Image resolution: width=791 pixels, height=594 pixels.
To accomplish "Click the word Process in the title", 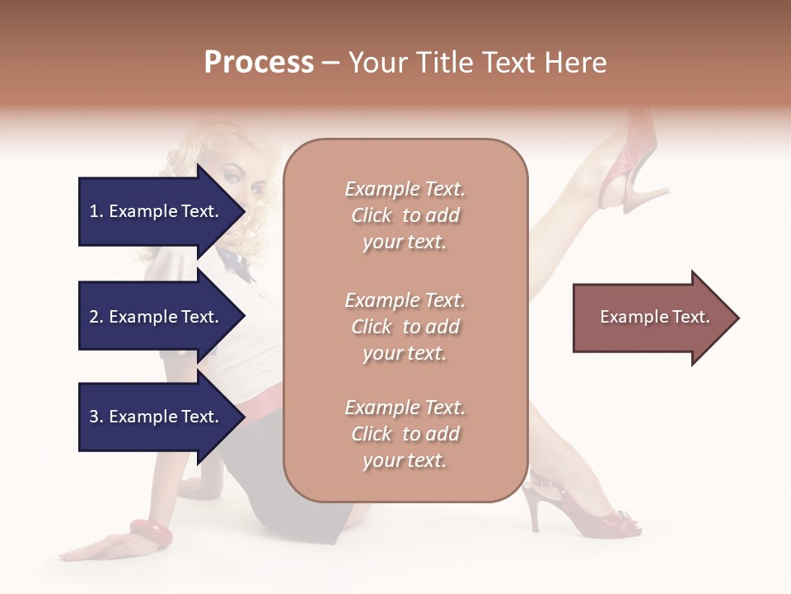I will [259, 63].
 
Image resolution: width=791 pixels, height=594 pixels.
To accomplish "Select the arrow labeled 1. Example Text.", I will [157, 211].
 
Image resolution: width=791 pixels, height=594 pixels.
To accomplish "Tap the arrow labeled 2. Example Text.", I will [157, 317].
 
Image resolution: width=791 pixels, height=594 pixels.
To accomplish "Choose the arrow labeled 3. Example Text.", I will [157, 417].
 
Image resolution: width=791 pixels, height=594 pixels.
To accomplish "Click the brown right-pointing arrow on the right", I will [651, 318].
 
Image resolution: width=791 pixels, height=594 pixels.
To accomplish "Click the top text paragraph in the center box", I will [405, 215].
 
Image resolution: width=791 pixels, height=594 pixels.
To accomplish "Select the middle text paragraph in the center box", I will [405, 327].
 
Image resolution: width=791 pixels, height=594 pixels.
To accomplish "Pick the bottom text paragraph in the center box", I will [405, 434].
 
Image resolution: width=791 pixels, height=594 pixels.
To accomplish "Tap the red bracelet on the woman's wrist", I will [151, 533].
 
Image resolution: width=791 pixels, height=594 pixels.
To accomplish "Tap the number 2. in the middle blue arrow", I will [96, 317].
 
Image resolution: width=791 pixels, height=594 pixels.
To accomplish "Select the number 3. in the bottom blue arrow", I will [96, 417].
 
